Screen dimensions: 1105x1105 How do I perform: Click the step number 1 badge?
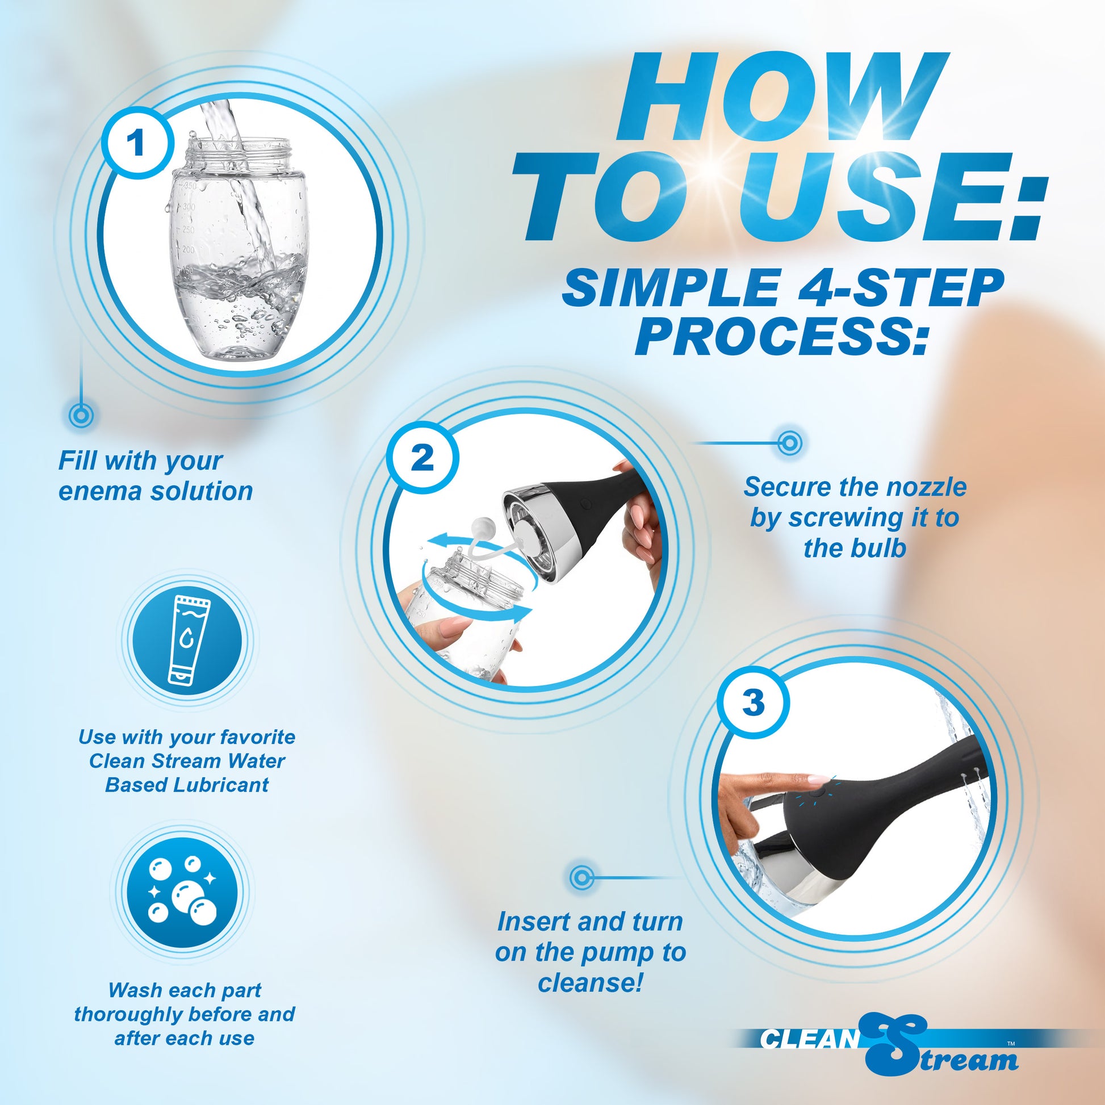coord(137,143)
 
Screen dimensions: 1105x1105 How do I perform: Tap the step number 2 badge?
coord(422,458)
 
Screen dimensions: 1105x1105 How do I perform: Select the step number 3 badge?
coord(754,703)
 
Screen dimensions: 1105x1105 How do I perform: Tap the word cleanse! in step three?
coord(590,982)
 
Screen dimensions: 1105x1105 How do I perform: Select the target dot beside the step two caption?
coord(790,443)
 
